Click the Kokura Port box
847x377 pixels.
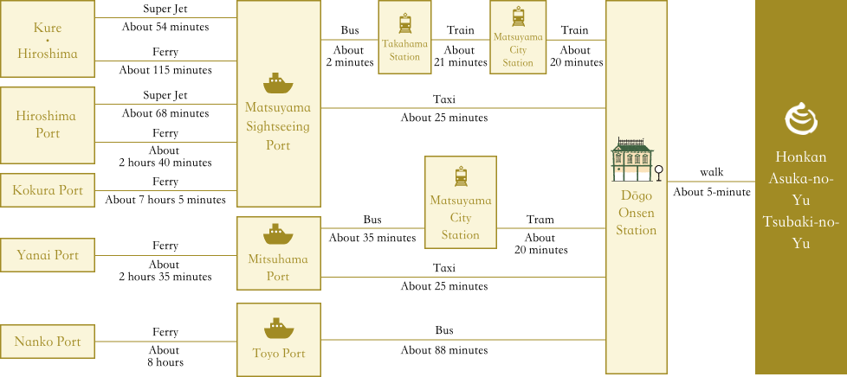click(x=48, y=190)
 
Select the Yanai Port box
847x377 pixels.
click(x=48, y=255)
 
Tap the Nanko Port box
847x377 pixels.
click(x=48, y=342)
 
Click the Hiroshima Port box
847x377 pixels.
click(x=48, y=125)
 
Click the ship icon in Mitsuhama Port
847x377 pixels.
click(x=278, y=234)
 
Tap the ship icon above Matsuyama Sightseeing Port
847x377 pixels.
click(x=278, y=82)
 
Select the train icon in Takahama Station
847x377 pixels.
click(x=405, y=23)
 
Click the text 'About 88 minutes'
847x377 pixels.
click(x=444, y=350)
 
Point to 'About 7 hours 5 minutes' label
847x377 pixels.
click(x=165, y=200)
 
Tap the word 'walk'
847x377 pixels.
click(x=711, y=173)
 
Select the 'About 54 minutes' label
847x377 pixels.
click(x=165, y=27)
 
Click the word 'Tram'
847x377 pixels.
click(x=540, y=220)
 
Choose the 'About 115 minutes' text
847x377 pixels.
click(x=165, y=70)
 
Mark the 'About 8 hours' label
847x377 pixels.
click(x=165, y=356)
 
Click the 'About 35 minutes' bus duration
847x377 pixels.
click(x=372, y=237)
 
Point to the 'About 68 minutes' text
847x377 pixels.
click(x=165, y=113)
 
